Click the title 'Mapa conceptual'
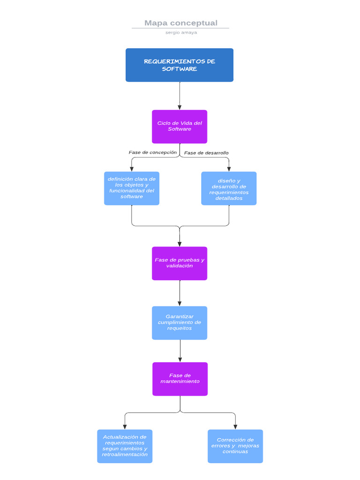click(x=180, y=23)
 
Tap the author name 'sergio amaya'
click(x=181, y=33)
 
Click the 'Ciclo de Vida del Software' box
click(x=180, y=127)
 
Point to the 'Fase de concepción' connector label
click(x=153, y=152)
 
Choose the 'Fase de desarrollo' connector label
click(x=206, y=153)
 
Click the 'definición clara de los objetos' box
click(x=132, y=188)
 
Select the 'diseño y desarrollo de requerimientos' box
click(x=229, y=188)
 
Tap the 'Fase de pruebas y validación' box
click(x=180, y=263)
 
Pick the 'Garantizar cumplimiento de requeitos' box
click(x=180, y=323)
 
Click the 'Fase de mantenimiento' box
click(x=180, y=379)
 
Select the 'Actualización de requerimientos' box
click(x=125, y=446)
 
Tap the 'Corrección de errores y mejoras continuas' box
click(x=235, y=446)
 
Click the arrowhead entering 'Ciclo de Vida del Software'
click(x=180, y=107)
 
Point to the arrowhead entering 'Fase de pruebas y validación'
click(x=180, y=244)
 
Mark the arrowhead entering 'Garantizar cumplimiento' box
click(x=180, y=303)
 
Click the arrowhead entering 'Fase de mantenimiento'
click(x=180, y=360)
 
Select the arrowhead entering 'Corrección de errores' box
click(x=235, y=427)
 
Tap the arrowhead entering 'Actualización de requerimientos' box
click(x=125, y=427)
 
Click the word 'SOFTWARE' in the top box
click(x=180, y=69)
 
